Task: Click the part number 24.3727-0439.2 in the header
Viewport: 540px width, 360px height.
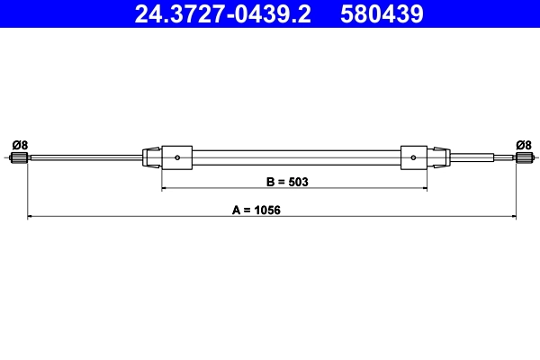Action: point(222,14)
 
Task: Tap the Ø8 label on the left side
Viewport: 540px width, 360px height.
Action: point(20,144)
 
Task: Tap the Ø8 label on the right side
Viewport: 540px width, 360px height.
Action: point(523,144)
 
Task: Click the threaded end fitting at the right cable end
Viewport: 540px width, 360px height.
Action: point(520,159)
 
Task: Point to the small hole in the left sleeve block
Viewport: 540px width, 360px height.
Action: point(178,159)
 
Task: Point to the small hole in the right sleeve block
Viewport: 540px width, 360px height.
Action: point(413,159)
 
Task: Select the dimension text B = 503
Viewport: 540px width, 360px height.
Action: point(287,181)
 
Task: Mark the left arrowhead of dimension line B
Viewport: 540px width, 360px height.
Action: point(165,189)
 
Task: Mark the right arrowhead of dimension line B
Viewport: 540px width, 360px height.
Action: point(424,189)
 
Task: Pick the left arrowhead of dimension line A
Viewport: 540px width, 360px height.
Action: point(31,217)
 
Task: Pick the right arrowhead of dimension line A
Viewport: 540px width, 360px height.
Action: point(512,217)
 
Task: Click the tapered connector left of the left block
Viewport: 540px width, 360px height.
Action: point(153,158)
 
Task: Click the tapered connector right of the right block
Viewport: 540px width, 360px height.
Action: point(438,158)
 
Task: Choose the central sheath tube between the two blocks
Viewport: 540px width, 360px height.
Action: point(295,158)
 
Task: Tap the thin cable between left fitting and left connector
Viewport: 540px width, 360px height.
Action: point(85,159)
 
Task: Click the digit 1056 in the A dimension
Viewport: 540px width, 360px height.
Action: point(268,209)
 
